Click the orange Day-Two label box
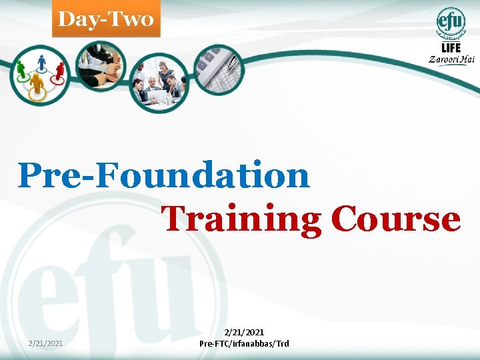point(106,19)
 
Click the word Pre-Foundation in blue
point(164,175)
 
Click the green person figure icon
point(21,69)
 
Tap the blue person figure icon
point(41,63)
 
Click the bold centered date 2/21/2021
point(244,332)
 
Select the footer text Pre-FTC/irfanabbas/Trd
point(244,343)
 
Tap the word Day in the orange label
point(75,19)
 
